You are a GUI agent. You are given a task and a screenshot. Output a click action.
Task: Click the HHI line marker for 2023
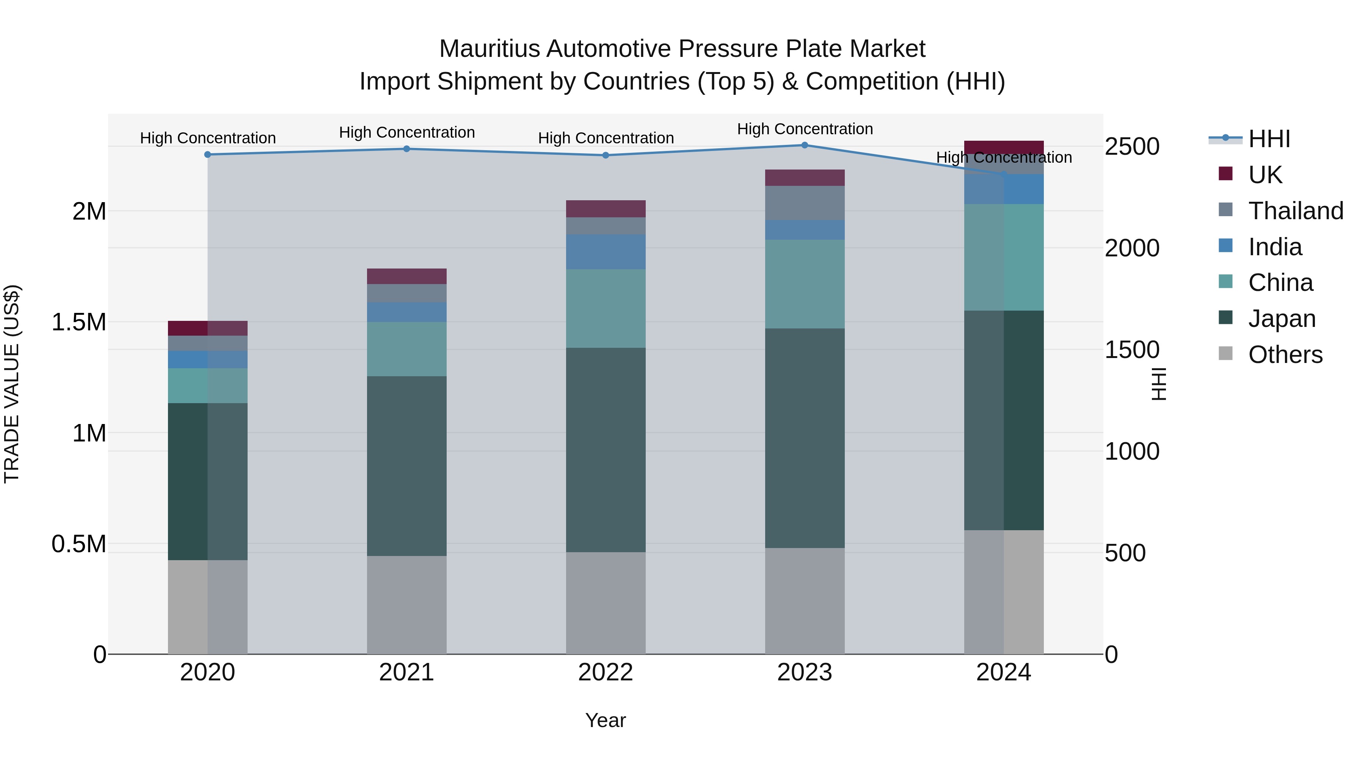tap(804, 145)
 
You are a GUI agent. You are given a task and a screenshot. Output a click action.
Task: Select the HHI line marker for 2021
tap(406, 149)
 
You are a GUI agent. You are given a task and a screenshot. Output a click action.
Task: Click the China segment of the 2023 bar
tap(804, 284)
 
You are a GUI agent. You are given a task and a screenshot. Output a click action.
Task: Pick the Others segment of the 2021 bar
tap(406, 605)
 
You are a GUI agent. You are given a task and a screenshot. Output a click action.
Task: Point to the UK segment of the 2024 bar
tap(1004, 148)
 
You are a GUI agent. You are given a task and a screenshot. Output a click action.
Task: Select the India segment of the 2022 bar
tap(606, 252)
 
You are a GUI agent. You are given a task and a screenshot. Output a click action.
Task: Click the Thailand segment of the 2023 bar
tap(804, 203)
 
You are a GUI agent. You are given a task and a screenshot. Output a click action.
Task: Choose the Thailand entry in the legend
tap(1295, 211)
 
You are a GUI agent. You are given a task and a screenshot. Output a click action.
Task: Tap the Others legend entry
tap(1285, 355)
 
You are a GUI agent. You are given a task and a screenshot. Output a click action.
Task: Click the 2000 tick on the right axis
tap(1132, 248)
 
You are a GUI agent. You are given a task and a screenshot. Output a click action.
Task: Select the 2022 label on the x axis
tap(606, 672)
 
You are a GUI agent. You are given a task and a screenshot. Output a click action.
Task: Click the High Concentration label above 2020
tap(208, 138)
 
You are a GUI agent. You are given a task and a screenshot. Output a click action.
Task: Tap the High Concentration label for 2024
tap(1004, 157)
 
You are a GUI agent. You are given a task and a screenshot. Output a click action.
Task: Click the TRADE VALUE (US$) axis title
tap(12, 384)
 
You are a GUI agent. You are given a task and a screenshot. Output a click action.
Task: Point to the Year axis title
tap(605, 720)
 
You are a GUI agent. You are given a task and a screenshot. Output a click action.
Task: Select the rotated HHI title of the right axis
tap(1158, 384)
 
